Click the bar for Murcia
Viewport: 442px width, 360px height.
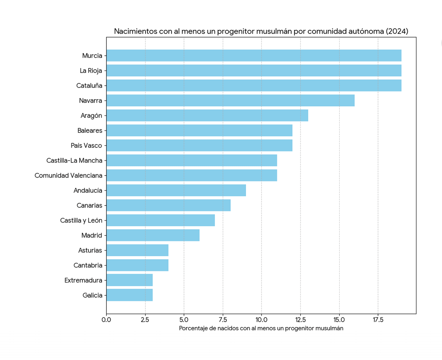[254, 56]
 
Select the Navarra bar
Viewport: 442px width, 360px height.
[230, 100]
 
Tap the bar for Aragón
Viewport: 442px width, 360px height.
[207, 115]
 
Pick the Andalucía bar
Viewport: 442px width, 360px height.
[176, 190]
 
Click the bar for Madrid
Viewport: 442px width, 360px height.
[153, 235]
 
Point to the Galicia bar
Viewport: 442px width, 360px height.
[129, 295]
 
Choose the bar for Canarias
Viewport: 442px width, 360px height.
[168, 205]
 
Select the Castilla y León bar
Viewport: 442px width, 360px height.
[160, 220]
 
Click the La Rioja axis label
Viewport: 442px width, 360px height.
[91, 71]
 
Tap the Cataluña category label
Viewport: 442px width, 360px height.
[89, 86]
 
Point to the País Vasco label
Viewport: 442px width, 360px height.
[86, 145]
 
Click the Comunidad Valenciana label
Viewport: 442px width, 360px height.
[68, 175]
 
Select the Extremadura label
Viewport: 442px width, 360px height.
[83, 280]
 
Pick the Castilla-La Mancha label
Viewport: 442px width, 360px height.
[74, 160]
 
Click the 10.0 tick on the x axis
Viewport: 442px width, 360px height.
[261, 320]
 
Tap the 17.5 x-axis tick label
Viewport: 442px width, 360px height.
[378, 320]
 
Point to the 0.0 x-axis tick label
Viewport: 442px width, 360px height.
[106, 320]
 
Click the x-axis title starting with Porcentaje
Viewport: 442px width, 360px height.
[261, 328]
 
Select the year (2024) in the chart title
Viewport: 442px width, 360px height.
[397, 31]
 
